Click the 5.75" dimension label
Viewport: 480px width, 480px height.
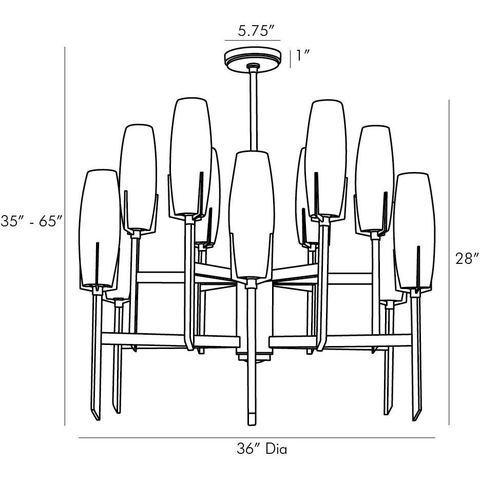tap(256, 31)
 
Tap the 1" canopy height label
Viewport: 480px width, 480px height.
tap(303, 55)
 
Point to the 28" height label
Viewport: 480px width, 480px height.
tap(467, 259)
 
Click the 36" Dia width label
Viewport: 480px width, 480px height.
tap(262, 449)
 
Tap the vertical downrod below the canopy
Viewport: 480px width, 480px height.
tap(254, 109)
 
